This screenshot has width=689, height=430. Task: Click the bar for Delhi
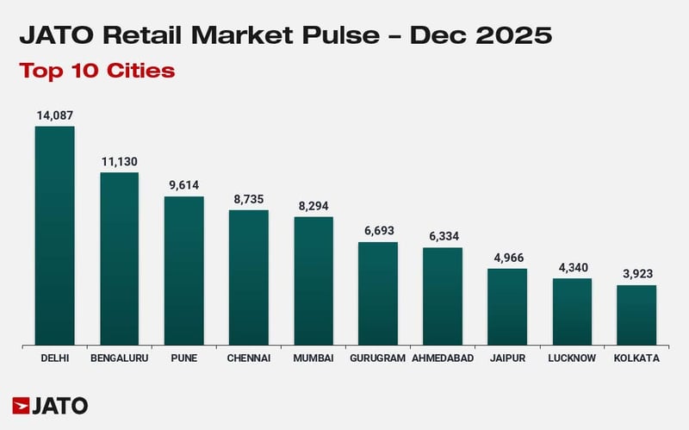click(54, 236)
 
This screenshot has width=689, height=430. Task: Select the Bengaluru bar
click(119, 259)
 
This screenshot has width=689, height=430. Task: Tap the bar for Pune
click(183, 271)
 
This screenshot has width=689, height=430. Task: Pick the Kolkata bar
click(636, 315)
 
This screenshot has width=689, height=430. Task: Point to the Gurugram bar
click(378, 294)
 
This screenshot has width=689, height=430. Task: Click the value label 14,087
click(54, 115)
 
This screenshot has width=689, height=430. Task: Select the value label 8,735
click(248, 198)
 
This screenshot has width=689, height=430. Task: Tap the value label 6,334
click(443, 236)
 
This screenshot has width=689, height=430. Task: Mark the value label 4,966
click(507, 258)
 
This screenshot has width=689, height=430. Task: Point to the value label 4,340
click(572, 267)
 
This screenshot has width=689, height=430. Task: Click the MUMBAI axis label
click(313, 358)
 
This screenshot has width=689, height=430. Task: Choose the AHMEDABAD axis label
click(443, 358)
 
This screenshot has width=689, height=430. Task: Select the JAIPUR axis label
click(507, 358)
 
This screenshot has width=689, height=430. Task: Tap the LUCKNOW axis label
click(572, 358)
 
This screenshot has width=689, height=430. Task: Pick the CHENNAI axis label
click(248, 358)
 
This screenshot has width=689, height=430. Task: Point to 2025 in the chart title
click(514, 35)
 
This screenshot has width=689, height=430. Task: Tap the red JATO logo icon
click(22, 405)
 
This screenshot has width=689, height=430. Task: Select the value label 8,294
click(313, 206)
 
